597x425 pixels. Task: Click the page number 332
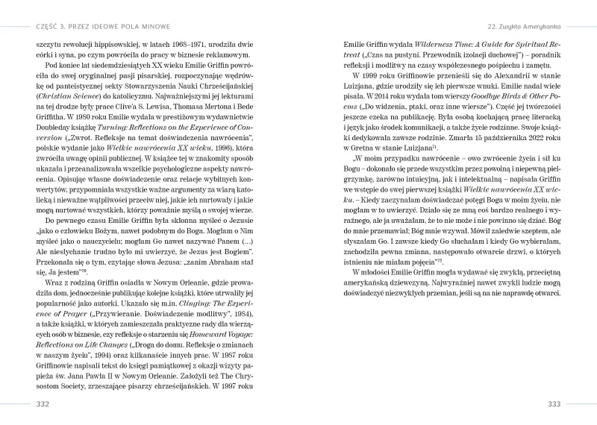pyautogui.click(x=43, y=404)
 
